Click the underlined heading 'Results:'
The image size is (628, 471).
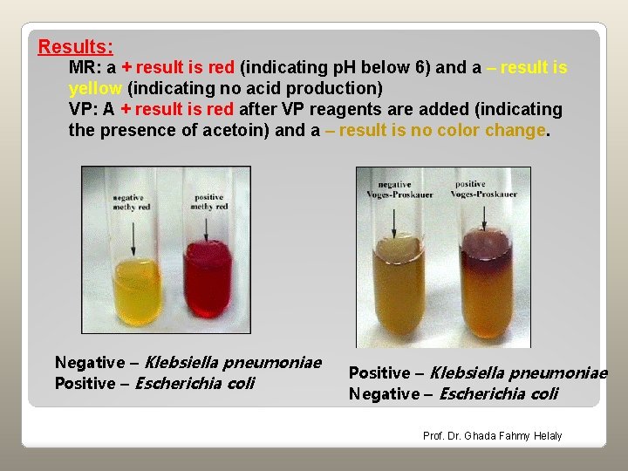(x=75, y=46)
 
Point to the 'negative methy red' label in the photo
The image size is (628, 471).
(x=128, y=202)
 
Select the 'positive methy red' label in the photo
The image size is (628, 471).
(x=208, y=202)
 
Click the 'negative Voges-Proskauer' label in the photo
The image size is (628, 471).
(x=394, y=188)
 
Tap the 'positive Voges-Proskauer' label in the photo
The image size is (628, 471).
(x=470, y=188)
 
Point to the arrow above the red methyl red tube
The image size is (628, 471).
(x=206, y=229)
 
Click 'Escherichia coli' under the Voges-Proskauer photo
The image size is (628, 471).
(x=498, y=393)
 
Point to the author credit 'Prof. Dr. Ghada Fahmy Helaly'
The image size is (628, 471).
(x=492, y=435)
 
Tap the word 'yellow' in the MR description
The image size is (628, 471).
(x=95, y=88)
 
